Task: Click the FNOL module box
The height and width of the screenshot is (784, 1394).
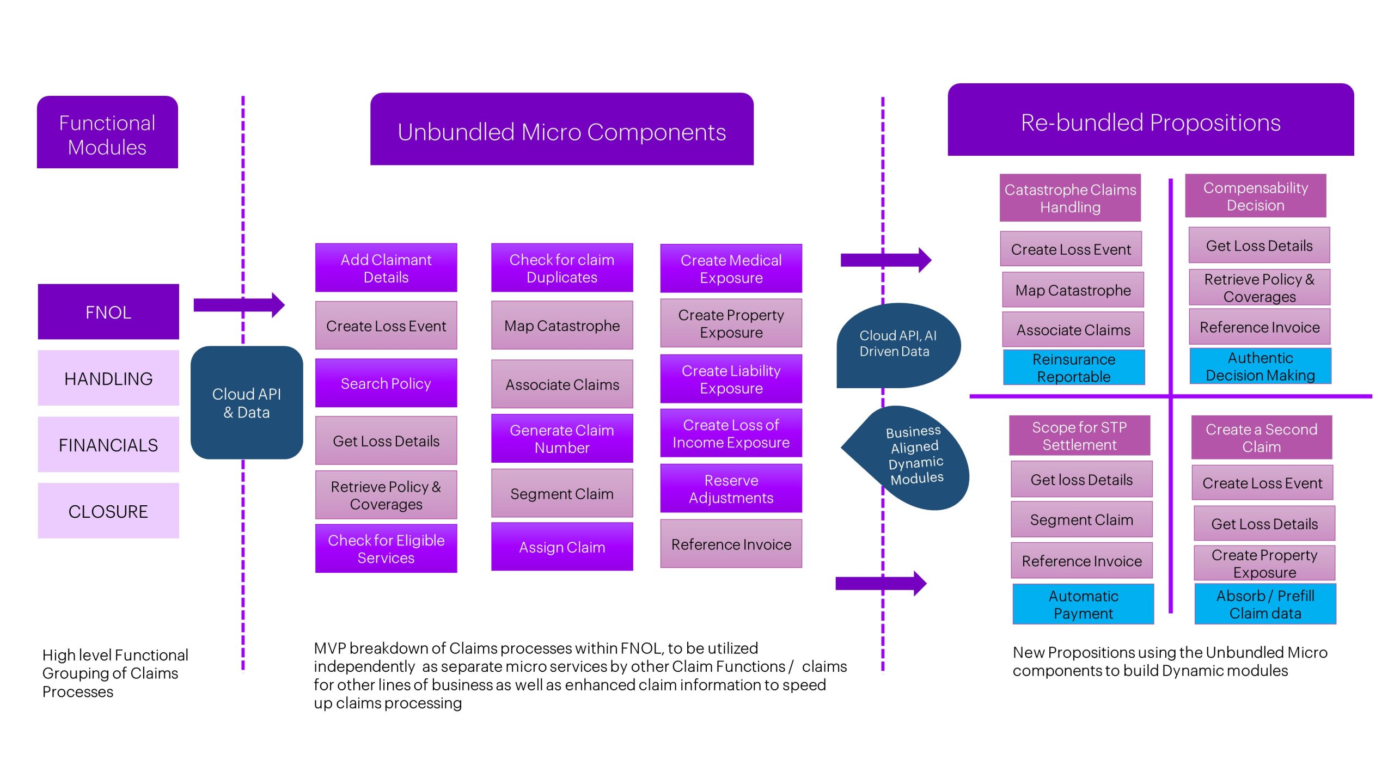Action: coord(108,312)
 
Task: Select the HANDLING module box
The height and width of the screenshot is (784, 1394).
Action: coord(108,378)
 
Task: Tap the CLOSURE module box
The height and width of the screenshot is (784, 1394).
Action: coord(108,511)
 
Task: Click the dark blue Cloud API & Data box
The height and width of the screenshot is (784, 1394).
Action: coord(247,403)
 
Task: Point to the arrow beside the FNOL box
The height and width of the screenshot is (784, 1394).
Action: coord(239,305)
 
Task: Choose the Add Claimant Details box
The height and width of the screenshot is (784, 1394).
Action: coord(386,268)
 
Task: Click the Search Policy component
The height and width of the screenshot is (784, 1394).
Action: coord(386,383)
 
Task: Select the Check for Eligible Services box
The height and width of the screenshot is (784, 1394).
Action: coord(386,549)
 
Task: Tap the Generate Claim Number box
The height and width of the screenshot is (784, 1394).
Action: coord(562,439)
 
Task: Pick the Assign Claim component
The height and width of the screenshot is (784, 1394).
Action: coord(562,547)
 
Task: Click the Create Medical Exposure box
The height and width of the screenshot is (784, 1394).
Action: coord(731,269)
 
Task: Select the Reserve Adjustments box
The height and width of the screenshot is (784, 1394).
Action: coord(731,489)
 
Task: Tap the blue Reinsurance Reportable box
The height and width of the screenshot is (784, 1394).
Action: coord(1074,368)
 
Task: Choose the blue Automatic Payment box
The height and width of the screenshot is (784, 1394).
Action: coord(1083,604)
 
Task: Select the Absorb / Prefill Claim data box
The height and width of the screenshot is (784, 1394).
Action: coord(1265,604)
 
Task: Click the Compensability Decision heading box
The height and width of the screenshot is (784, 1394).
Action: coord(1255,197)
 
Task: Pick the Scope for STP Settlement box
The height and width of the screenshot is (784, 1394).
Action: coord(1079,436)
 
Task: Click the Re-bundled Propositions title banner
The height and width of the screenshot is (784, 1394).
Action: coord(1151,122)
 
